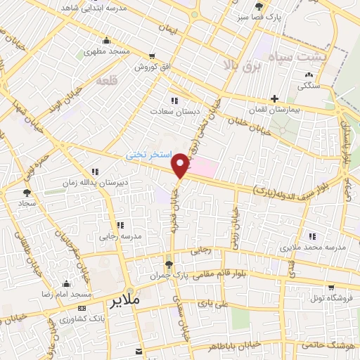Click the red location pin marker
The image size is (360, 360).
pos(181,165)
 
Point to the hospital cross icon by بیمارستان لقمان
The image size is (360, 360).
pos(274,99)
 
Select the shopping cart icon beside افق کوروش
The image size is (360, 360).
pos(151,56)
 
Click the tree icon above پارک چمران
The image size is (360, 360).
pos(168,264)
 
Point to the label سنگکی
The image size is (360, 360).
pos(309,86)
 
